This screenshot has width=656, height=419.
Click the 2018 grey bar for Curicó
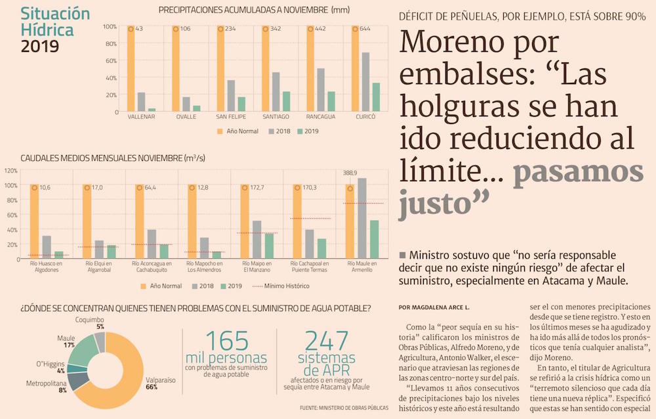pyautogui.click(x=365, y=81)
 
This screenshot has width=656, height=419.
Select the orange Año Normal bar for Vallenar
pyautogui.click(x=131, y=68)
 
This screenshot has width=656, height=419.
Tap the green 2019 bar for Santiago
pyautogui.click(x=285, y=100)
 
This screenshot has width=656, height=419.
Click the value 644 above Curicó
pyautogui.click(x=365, y=29)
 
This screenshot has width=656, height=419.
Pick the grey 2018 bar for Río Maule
pyautogui.click(x=362, y=218)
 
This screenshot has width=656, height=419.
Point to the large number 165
pyautogui.click(x=226, y=341)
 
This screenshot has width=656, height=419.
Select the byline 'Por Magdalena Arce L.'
pyautogui.click(x=434, y=307)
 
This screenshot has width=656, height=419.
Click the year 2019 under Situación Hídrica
pyautogui.click(x=39, y=46)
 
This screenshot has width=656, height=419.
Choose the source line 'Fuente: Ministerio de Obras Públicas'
pyautogui.click(x=344, y=408)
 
